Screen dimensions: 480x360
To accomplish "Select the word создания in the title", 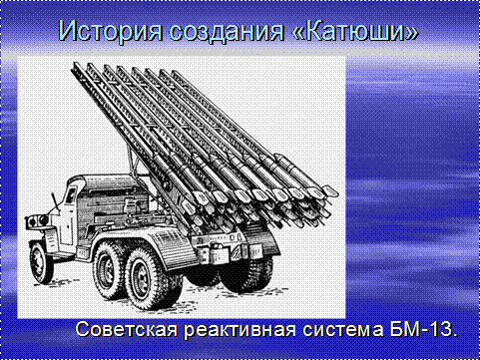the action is pyautogui.click(x=227, y=32).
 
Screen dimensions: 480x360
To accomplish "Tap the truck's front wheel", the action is pyautogui.click(x=41, y=263).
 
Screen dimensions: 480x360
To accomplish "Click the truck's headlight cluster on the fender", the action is pyautogui.click(x=37, y=220).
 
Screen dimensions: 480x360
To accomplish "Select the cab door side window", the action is pyautogui.click(x=71, y=194).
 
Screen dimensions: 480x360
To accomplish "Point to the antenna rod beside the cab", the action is pyautogui.click(x=55, y=201).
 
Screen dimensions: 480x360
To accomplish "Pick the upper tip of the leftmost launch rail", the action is pyautogui.click(x=74, y=66).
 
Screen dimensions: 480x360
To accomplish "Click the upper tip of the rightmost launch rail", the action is pyautogui.click(x=175, y=73).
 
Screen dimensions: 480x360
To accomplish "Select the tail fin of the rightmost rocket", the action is pyautogui.click(x=328, y=191).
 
